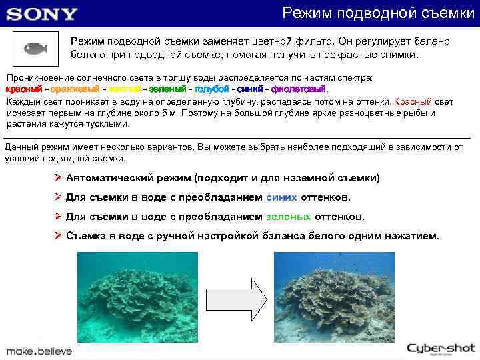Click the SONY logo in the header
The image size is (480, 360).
[42, 14]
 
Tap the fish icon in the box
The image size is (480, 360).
[35, 48]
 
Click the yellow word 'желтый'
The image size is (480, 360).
[124, 89]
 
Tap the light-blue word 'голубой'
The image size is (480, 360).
[211, 89]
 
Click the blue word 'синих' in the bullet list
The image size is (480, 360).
[279, 197]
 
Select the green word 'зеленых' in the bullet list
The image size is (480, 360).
[288, 217]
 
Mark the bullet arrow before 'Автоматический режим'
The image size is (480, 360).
[59, 178]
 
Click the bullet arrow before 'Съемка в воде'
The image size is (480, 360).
[59, 236]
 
